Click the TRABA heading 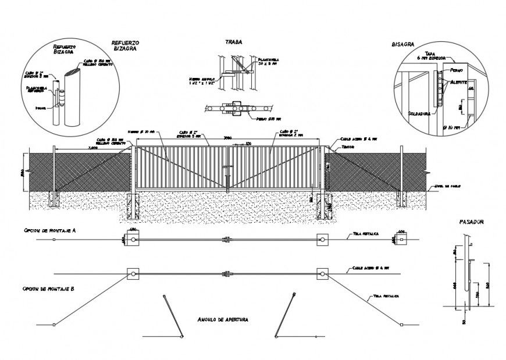pos(234,42)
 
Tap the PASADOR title pos(472,222)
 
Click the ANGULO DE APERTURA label pos(223,320)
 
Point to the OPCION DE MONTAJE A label pos(51,231)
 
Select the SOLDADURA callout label pos(419,113)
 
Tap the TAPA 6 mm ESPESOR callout pos(431,56)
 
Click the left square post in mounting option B pos(132,273)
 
